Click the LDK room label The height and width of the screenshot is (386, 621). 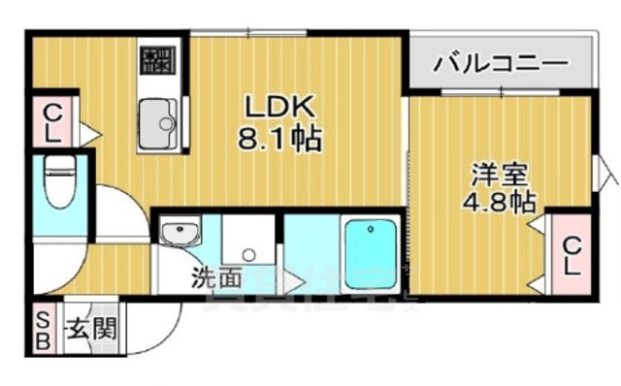(x=280, y=105)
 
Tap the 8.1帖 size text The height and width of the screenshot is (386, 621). (x=280, y=136)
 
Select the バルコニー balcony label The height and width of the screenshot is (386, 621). (x=500, y=66)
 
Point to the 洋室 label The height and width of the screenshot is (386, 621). (x=500, y=177)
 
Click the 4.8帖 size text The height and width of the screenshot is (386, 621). (x=500, y=203)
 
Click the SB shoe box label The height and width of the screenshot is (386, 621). (x=44, y=329)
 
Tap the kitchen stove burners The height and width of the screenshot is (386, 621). (x=155, y=62)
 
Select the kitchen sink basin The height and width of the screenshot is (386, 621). (x=157, y=123)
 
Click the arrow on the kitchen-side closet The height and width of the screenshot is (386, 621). (x=87, y=130)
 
